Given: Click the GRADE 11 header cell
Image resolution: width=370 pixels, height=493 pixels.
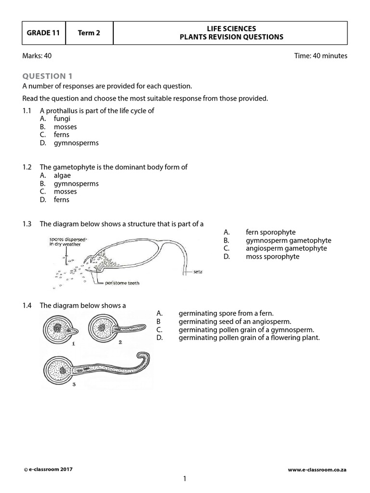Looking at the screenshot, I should [x=43, y=33].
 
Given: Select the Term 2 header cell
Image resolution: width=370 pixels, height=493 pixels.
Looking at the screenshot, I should [x=89, y=33].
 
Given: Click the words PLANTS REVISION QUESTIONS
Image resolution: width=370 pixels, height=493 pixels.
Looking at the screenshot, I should [x=231, y=38].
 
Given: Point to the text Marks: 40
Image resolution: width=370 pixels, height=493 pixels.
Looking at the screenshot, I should [x=37, y=56].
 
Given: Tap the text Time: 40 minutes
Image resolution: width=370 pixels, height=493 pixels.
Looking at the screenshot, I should [x=320, y=56].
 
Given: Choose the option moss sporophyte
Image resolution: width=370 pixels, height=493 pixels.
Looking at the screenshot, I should [x=272, y=257].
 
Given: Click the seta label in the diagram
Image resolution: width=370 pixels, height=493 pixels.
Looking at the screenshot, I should [x=198, y=272].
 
